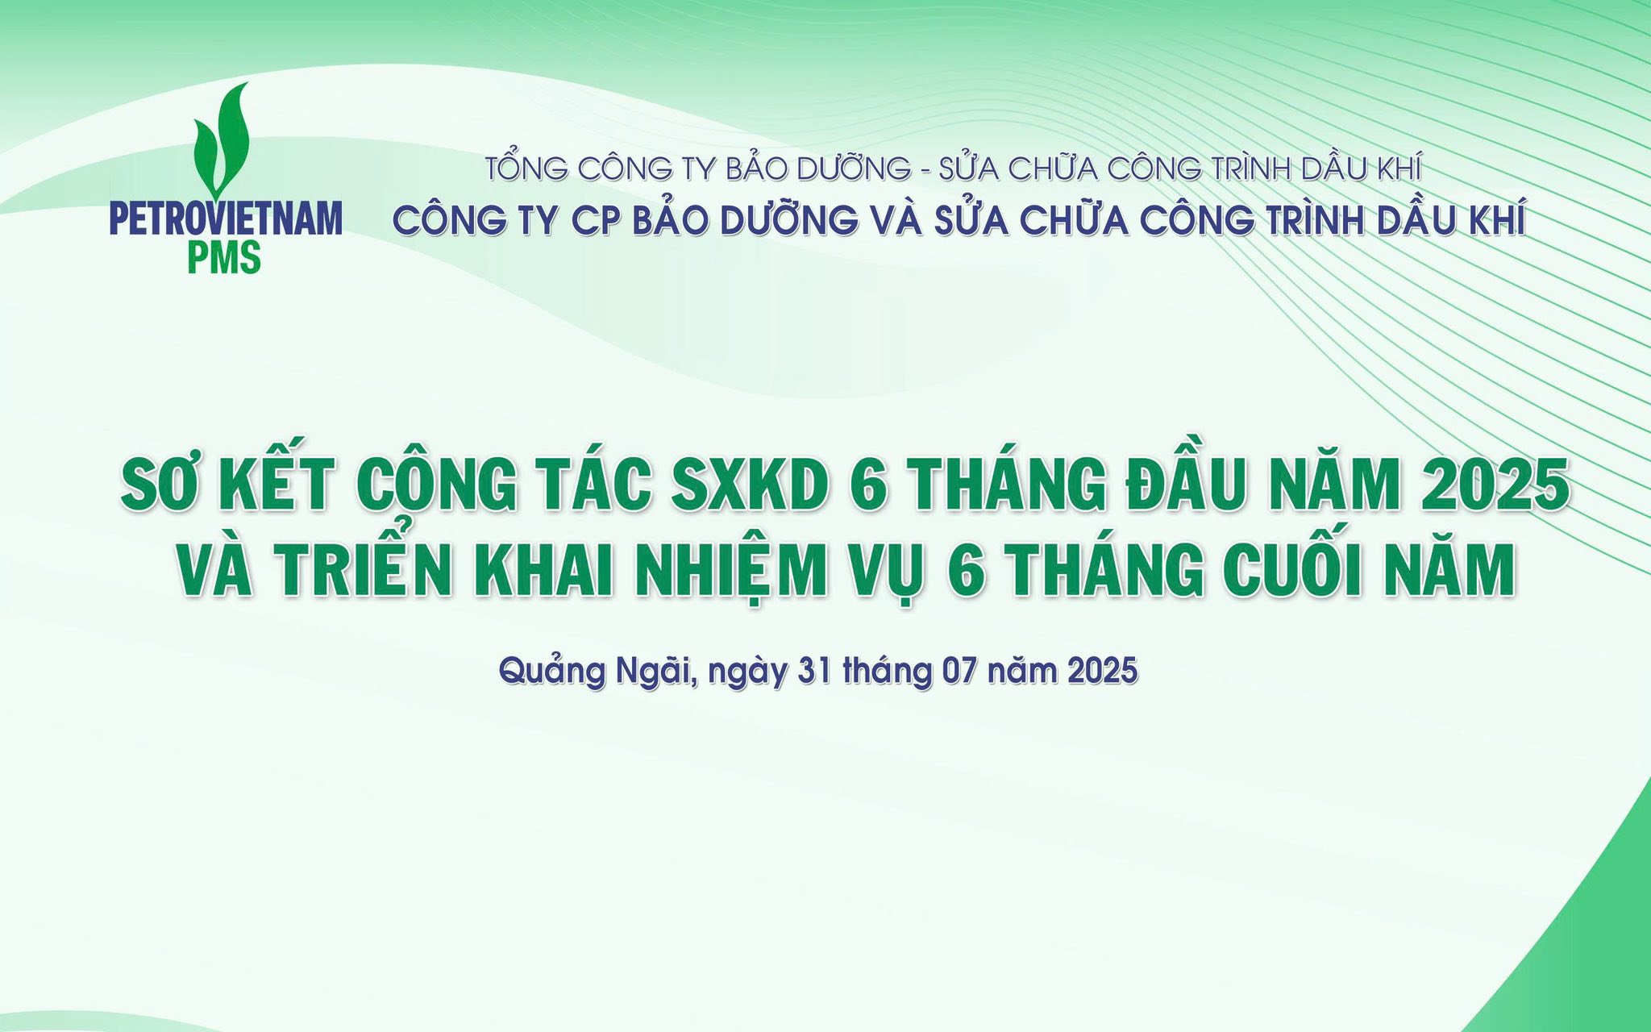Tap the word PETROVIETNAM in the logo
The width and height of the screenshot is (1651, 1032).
(226, 219)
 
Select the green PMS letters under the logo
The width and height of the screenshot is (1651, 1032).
(224, 257)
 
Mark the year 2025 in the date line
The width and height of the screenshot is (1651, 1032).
(1103, 671)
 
